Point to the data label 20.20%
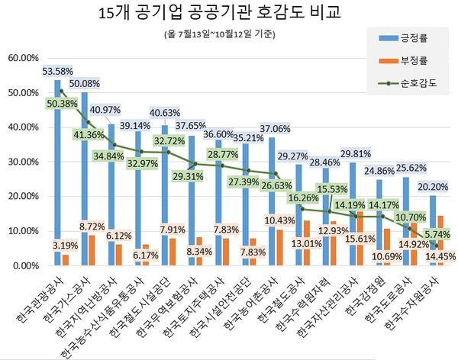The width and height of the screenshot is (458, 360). [x=432, y=186]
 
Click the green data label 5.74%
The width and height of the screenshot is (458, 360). [x=437, y=235]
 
